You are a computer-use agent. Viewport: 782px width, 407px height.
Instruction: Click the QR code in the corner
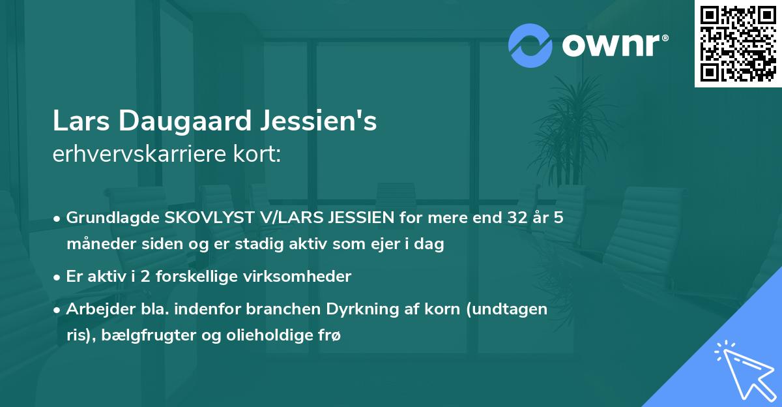[x=738, y=43]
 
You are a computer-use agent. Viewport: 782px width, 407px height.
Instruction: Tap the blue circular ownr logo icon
[x=530, y=45]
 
